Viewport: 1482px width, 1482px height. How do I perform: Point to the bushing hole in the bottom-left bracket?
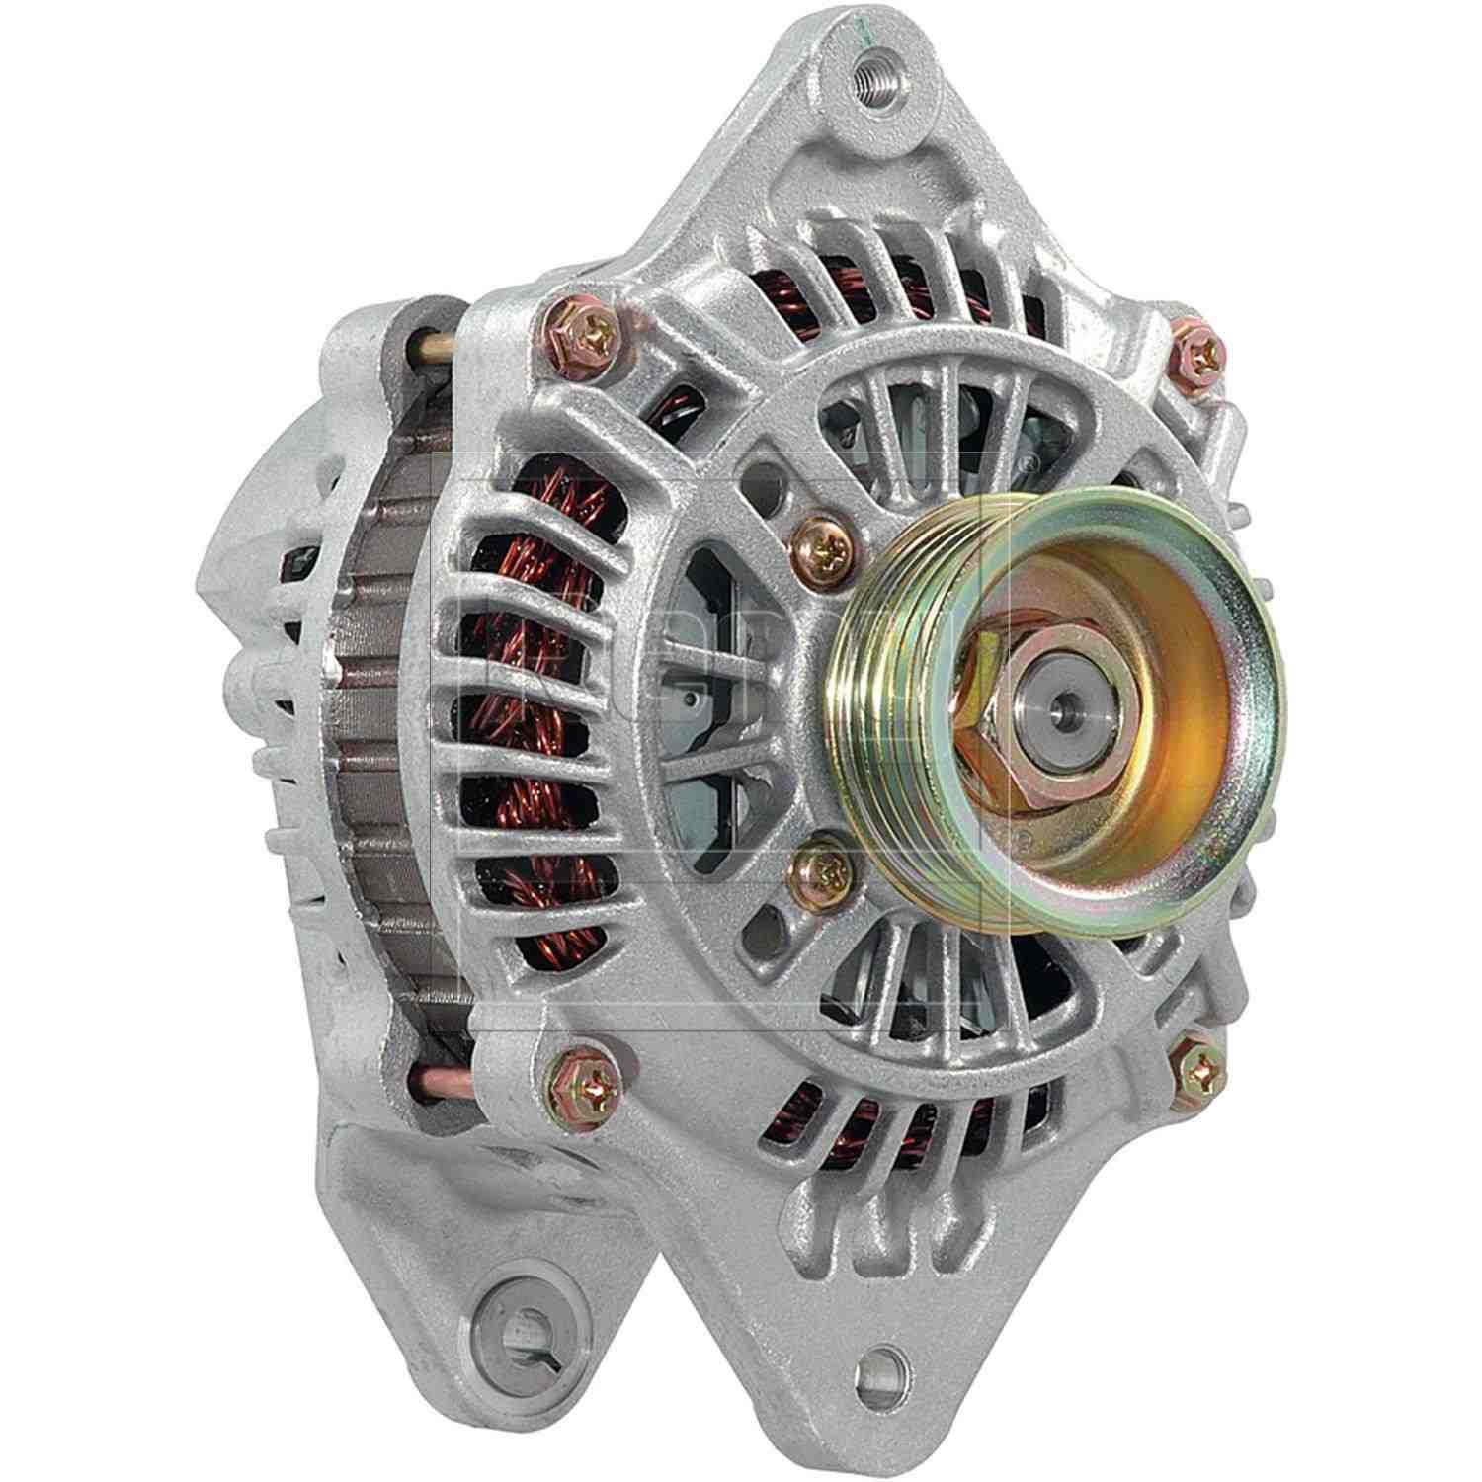click(x=517, y=1337)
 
